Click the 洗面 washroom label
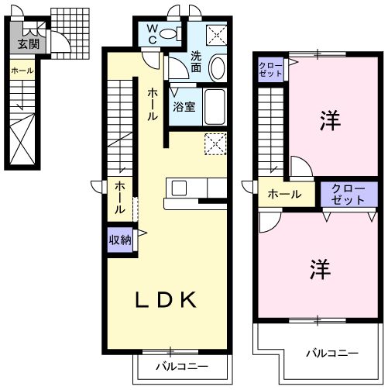click(197, 61)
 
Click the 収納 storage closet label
click(119, 239)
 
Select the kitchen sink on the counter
click(179, 188)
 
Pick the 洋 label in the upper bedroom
click(331, 121)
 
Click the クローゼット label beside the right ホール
click(342, 194)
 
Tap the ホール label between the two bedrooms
click(284, 194)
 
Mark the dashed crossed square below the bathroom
click(215, 144)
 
